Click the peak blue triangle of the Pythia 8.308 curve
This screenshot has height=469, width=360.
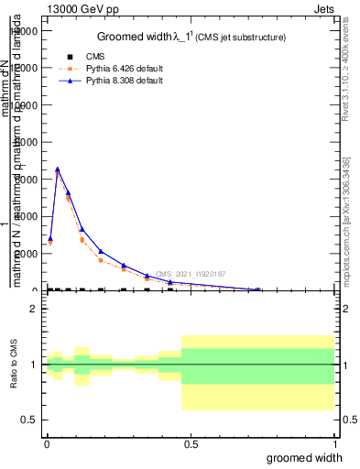tap(58, 169)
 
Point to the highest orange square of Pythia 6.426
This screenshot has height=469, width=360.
tap(58, 173)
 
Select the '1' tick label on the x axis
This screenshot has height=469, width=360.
tap(333, 443)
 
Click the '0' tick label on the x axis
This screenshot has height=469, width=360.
tap(46, 443)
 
